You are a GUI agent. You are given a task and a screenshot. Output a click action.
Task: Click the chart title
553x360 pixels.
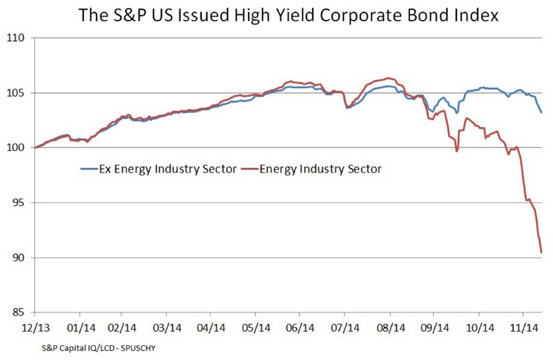pyautogui.click(x=276, y=14)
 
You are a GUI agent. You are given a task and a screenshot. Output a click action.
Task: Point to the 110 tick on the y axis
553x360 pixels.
pyautogui.click(x=16, y=38)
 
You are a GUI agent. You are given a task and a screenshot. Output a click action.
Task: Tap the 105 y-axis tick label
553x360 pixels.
pyautogui.click(x=16, y=93)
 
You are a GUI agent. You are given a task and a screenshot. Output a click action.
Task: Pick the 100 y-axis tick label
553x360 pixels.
pyautogui.click(x=16, y=148)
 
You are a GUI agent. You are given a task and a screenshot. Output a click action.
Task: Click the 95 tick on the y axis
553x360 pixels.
pyautogui.click(x=18, y=203)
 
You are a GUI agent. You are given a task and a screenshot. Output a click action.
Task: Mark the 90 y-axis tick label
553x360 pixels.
pyautogui.click(x=18, y=257)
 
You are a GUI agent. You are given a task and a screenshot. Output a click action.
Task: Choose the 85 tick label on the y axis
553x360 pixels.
pyautogui.click(x=18, y=312)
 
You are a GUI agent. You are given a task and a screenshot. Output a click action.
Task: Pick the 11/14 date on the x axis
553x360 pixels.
pyautogui.click(x=522, y=326)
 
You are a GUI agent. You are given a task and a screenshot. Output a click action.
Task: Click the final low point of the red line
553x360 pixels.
pyautogui.click(x=541, y=253)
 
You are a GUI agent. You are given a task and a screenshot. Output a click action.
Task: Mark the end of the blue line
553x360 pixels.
pyautogui.click(x=541, y=112)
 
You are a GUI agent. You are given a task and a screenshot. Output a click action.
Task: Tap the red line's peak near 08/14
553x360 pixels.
pyautogui.click(x=389, y=77)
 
